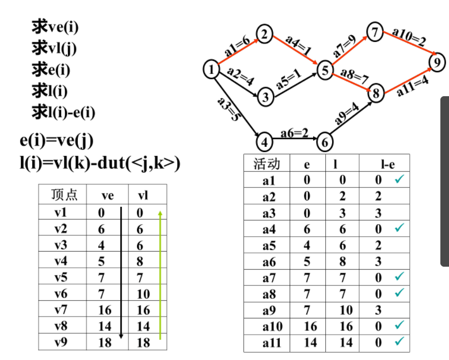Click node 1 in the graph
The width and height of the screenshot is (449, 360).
point(212,70)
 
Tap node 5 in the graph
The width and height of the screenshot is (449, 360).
point(325,71)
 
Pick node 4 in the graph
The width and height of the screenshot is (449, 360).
point(264,141)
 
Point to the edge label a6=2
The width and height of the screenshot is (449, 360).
point(295,132)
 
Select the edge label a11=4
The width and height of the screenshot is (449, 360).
point(413,85)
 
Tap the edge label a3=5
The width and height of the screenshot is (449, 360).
point(228,109)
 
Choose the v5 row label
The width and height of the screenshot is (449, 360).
point(60,277)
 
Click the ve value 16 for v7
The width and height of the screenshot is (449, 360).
point(104,310)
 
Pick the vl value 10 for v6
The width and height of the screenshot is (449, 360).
point(143,294)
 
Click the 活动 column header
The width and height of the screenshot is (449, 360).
point(267,164)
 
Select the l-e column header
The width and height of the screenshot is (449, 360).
point(385,164)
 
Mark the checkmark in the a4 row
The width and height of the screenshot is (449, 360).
point(399,228)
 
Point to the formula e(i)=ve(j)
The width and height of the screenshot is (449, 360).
point(56,140)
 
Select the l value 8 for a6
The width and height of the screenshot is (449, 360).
point(343,262)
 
